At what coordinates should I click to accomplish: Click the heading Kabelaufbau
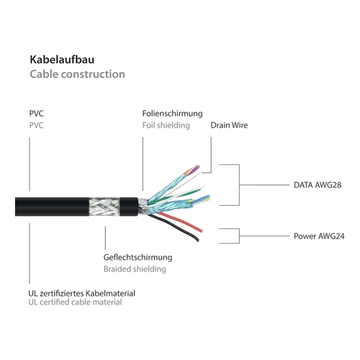click(x=62, y=60)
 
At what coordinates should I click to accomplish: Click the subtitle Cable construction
click(x=77, y=74)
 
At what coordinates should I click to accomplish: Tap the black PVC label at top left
click(x=36, y=114)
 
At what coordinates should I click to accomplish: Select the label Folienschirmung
click(x=172, y=114)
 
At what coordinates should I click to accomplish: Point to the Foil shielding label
click(x=166, y=125)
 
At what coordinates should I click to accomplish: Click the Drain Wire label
click(x=229, y=125)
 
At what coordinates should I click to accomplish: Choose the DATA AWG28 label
click(x=318, y=185)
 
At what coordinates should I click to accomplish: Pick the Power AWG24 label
click(x=319, y=236)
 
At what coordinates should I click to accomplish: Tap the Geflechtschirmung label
click(x=138, y=257)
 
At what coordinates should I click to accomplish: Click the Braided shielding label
click(x=135, y=269)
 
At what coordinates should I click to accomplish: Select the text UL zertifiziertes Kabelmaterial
click(x=81, y=293)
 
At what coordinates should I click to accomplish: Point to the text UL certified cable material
click(x=75, y=302)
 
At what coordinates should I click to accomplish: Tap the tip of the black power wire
click(x=198, y=240)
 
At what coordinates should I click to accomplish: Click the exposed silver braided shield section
click(x=104, y=207)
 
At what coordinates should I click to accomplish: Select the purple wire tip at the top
click(x=197, y=168)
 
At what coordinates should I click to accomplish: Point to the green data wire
click(x=175, y=197)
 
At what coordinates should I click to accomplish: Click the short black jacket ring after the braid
click(x=129, y=207)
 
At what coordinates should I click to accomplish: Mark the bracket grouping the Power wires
click(x=239, y=236)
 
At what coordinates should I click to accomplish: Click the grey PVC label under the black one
click(x=36, y=125)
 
